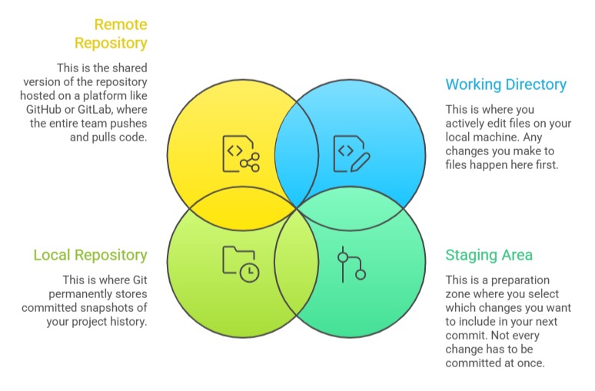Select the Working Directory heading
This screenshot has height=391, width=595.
pyautogui.click(x=506, y=84)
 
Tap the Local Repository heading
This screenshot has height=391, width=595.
pyautogui.click(x=90, y=255)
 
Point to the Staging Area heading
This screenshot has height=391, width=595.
pyautogui.click(x=489, y=255)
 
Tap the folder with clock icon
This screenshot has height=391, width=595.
pyautogui.click(x=241, y=263)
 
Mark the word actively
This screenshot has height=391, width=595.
pyautogui.click(x=467, y=122)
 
